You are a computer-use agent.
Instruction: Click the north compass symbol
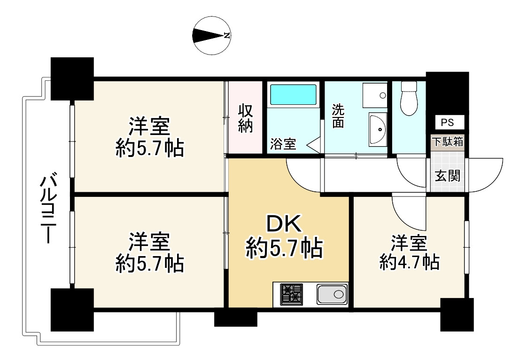(211, 36)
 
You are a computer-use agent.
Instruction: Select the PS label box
(448, 122)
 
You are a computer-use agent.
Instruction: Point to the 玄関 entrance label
(447, 176)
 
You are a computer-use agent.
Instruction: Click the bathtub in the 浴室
(293, 95)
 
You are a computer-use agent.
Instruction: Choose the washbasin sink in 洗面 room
(378, 129)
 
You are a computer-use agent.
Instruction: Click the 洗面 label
(338, 116)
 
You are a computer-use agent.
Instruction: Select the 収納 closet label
(245, 118)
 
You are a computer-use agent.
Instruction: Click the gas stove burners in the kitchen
(291, 295)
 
